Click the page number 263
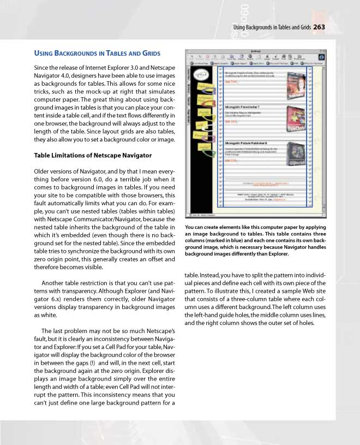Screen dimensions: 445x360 point(319,27)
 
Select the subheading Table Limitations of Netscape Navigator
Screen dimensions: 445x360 point(85,155)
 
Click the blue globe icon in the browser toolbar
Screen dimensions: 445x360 point(322,57)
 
